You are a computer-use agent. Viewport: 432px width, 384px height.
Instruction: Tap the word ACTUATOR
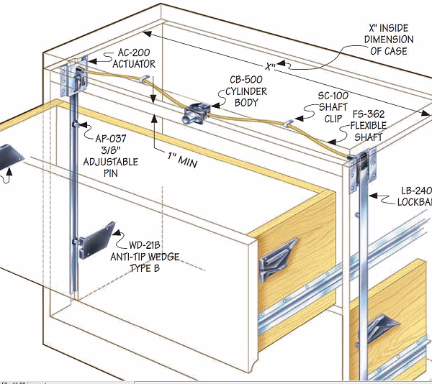click(134, 65)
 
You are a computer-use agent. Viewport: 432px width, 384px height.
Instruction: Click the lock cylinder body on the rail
click(195, 113)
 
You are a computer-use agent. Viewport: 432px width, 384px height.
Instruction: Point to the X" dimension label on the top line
click(271, 66)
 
